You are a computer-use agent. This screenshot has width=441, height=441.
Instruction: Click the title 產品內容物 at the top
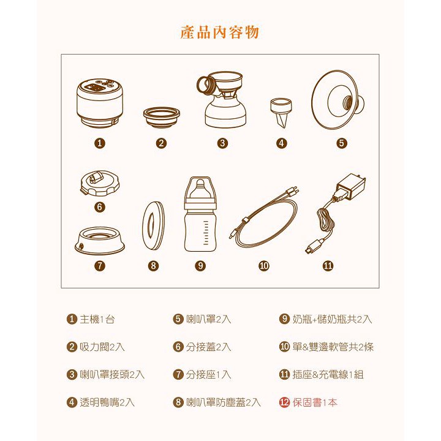[219, 32]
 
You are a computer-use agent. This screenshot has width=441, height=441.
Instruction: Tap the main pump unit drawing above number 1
[100, 103]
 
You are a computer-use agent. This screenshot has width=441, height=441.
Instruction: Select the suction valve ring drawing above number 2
[162, 118]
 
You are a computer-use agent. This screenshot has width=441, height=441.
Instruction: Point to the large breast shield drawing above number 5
[337, 100]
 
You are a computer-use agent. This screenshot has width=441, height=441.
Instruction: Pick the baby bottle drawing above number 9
[200, 214]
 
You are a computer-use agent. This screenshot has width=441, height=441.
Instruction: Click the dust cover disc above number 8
[153, 225]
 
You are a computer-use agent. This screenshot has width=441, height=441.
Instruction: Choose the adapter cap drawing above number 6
[100, 183]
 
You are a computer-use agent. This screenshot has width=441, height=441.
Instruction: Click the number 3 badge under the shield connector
[222, 143]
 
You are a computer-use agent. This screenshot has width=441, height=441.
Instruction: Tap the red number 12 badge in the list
[284, 402]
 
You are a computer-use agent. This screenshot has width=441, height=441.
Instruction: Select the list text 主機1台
[97, 319]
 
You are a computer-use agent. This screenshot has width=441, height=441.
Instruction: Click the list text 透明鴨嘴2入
[107, 402]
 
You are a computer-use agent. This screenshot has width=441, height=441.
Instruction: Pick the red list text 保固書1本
[315, 402]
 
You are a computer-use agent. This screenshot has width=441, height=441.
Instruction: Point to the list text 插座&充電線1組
[328, 375]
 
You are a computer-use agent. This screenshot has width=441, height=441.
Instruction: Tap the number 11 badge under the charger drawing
[328, 266]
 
